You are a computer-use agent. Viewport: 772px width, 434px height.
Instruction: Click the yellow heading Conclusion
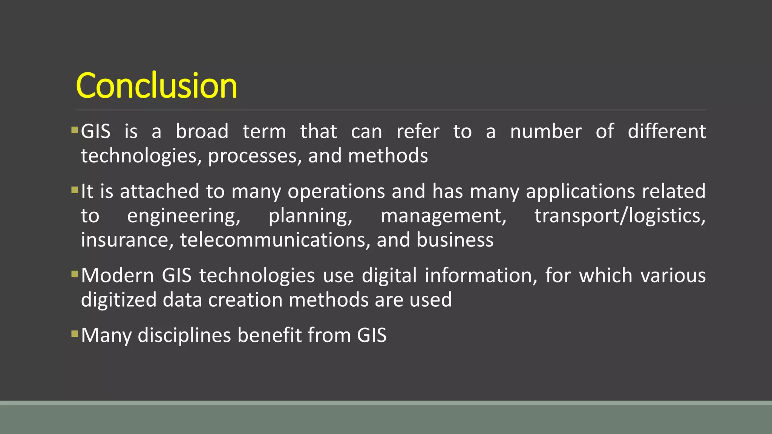pyautogui.click(x=156, y=86)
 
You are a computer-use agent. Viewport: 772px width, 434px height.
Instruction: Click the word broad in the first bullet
pyautogui.click(x=202, y=131)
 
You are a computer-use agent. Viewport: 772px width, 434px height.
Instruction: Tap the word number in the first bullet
pyautogui.click(x=545, y=131)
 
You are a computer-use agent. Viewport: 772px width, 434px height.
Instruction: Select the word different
pyautogui.click(x=666, y=131)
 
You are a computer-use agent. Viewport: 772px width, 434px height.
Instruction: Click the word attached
pyautogui.click(x=159, y=191)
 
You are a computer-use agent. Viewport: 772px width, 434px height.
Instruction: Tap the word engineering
pyautogui.click(x=184, y=216)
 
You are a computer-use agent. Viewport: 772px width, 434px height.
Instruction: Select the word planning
pyautogui.click(x=310, y=216)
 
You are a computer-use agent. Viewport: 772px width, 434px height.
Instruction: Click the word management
pyautogui.click(x=443, y=216)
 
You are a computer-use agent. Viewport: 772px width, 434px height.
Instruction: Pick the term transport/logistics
pyautogui.click(x=620, y=216)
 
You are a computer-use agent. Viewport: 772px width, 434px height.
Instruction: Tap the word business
pyautogui.click(x=455, y=240)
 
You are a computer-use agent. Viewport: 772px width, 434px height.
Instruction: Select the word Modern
pyautogui.click(x=117, y=275)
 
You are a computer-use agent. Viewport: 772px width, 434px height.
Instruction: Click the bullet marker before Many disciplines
pyautogui.click(x=74, y=334)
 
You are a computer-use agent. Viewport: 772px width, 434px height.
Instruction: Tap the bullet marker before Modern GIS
pyautogui.click(x=74, y=274)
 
